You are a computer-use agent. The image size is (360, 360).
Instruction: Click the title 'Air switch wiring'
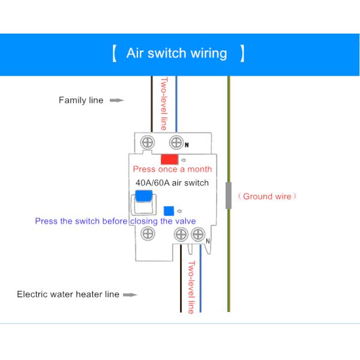coord(176,53)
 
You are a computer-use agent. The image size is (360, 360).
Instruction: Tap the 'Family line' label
coord(81,100)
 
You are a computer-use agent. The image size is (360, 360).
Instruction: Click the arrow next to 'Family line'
coord(117,100)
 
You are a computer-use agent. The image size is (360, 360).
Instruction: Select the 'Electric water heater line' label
coord(68,295)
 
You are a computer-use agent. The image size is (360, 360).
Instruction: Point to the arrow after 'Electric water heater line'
coord(130,295)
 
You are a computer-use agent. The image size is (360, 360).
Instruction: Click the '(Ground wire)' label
coord(268,196)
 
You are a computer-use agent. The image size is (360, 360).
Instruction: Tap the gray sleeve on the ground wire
coord(229,196)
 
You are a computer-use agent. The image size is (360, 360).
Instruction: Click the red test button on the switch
coord(169,159)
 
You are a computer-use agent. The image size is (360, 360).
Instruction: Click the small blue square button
coord(169,211)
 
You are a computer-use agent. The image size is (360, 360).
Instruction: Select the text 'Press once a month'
coord(172,169)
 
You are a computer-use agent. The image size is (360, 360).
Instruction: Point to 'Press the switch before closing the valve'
coord(115,221)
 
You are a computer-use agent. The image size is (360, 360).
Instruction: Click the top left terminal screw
coord(147,142)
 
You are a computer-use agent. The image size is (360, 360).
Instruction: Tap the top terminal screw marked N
coord(176,142)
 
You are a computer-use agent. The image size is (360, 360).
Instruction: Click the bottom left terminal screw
coord(147,235)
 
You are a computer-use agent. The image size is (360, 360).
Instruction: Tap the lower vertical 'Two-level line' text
coord(191,287)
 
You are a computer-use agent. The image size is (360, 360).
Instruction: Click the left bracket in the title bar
coord(114,53)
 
